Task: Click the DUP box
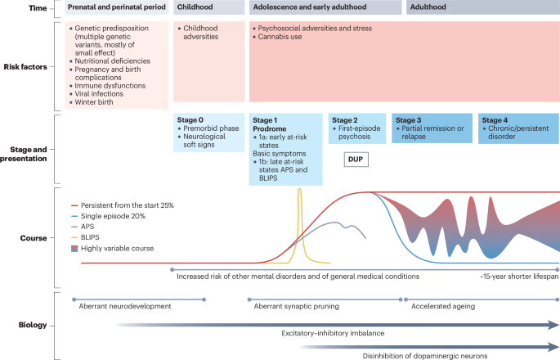coord(356,159)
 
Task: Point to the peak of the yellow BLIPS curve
coord(300,190)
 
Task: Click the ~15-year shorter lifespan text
coord(519,277)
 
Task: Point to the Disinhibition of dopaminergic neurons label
coord(425,355)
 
